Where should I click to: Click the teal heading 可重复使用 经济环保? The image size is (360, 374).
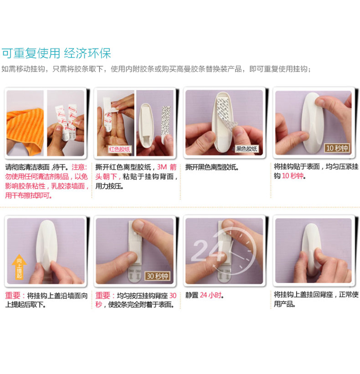click(56, 53)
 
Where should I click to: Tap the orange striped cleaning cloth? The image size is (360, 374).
click(25, 130)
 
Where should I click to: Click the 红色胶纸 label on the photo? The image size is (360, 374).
click(120, 149)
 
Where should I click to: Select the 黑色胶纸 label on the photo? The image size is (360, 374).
click(246, 149)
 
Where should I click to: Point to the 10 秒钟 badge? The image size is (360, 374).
click(337, 148)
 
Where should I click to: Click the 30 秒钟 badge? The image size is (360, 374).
click(157, 276)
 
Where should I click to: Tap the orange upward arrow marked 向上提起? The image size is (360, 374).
click(19, 267)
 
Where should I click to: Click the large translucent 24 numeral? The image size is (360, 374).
click(208, 250)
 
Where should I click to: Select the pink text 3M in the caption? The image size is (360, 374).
click(162, 167)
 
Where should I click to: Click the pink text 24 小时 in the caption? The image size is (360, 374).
click(211, 295)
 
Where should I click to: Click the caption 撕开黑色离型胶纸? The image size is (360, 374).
click(212, 167)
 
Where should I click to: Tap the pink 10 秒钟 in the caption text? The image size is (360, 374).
click(292, 176)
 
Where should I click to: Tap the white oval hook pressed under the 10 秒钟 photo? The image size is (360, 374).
click(312, 123)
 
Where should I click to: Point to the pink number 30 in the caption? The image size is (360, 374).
click(173, 296)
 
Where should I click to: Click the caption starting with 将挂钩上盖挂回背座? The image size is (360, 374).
click(316, 299)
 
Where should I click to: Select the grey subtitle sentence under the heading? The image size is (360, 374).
click(156, 69)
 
